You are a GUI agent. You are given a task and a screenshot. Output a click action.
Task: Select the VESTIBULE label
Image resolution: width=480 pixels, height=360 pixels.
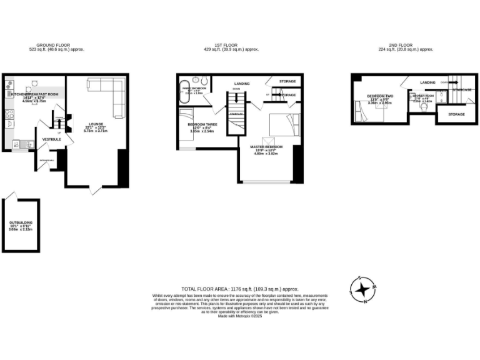point(51,139)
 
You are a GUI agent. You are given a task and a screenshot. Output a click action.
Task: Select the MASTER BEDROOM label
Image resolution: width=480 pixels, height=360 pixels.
point(267,147)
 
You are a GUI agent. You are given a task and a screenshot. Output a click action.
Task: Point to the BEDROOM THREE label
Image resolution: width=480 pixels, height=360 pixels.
point(202,124)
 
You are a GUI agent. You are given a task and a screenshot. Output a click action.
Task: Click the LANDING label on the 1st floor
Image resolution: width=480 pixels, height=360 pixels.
point(242,83)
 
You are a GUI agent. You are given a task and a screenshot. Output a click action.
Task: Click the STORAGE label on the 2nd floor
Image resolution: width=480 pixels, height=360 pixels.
point(456,114)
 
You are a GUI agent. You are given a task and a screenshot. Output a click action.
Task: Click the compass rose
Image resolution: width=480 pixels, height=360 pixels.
point(362,289)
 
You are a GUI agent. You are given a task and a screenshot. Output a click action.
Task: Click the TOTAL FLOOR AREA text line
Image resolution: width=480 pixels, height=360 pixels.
point(239,289)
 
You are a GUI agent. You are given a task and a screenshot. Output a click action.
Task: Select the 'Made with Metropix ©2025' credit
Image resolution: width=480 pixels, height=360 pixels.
point(240,316)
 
